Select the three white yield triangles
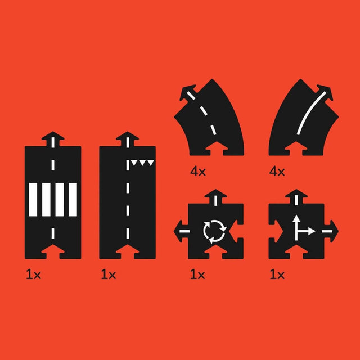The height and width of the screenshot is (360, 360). coord(142,164)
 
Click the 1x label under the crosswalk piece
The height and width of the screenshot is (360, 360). coord(33,275)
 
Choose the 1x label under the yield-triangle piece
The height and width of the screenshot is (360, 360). coord(108,275)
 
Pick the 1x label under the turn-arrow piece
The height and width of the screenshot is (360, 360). coord(277,275)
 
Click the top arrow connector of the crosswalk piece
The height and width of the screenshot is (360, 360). coord(53,138)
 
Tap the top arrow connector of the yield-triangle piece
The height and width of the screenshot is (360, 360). coord(127,138)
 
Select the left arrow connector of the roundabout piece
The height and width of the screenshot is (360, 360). coord(181,229)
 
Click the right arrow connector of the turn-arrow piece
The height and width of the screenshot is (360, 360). coord(331,229)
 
